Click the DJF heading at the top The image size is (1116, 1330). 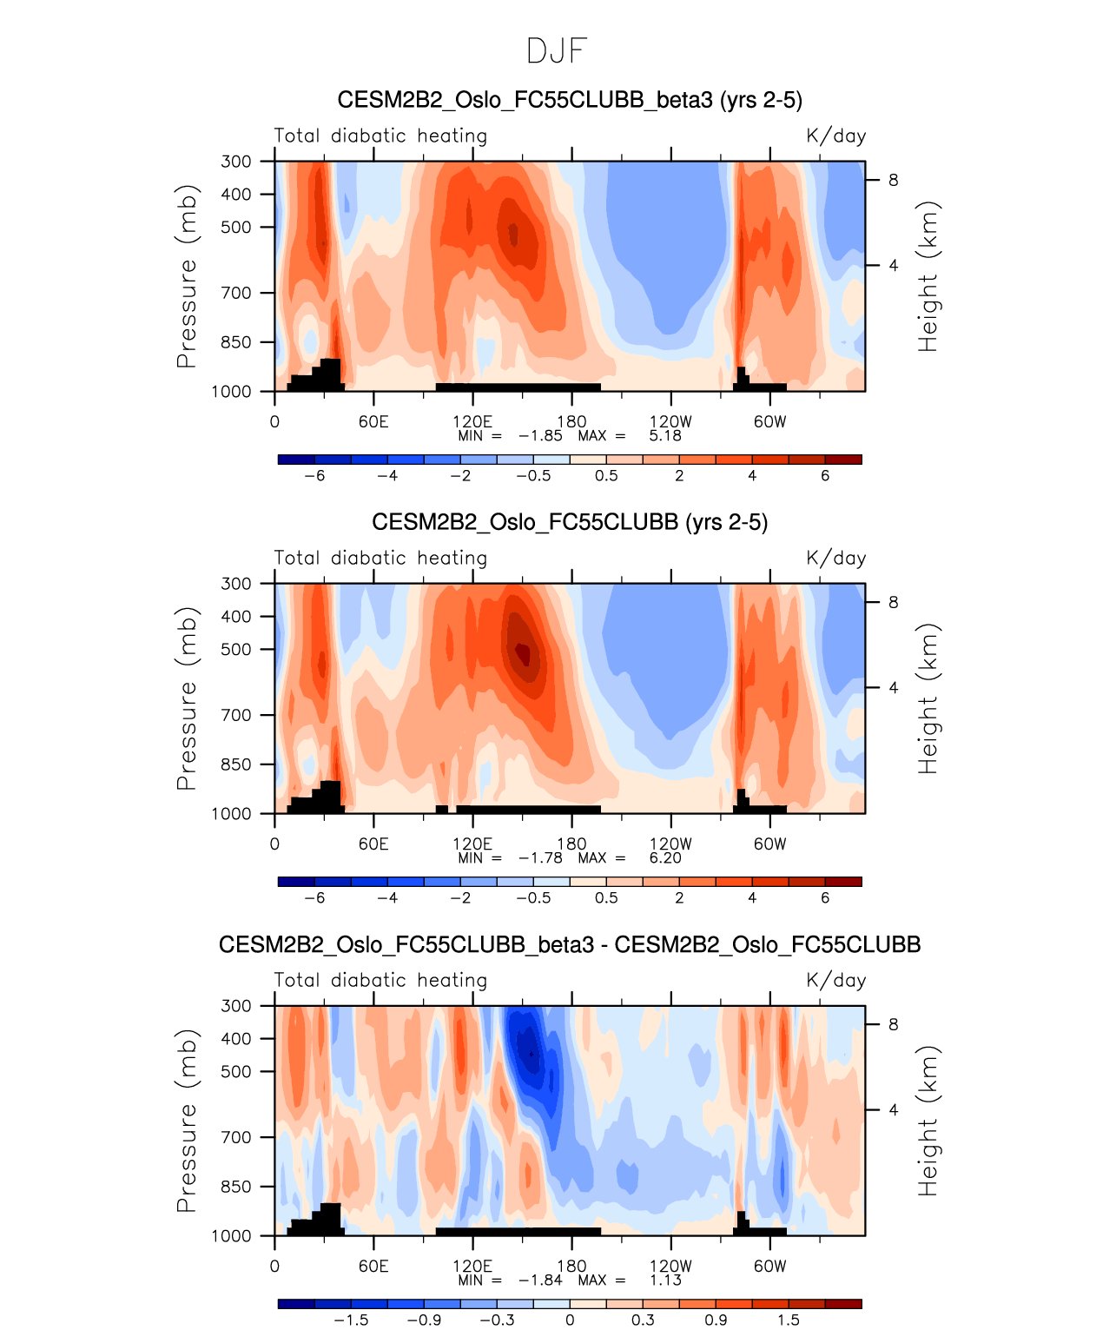point(557,51)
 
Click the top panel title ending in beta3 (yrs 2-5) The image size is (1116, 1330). point(570,100)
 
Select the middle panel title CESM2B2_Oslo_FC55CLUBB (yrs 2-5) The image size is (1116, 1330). point(570,522)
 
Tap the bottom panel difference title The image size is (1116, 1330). point(570,944)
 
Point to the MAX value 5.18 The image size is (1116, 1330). point(664,435)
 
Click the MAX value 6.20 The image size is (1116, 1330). point(664,857)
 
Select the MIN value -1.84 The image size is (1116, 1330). point(540,1280)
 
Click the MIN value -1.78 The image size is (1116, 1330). point(540,857)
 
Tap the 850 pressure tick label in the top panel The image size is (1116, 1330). point(235,342)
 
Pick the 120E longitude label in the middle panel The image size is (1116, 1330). point(472,844)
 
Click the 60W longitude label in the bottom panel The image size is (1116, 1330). point(769,1266)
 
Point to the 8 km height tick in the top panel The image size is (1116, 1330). point(893,181)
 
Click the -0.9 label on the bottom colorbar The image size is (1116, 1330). point(424,1320)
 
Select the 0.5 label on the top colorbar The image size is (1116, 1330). point(606,475)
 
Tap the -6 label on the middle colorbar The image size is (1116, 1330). point(314,897)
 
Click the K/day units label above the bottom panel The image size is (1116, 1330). point(835,981)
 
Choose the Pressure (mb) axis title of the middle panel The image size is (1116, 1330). point(187,698)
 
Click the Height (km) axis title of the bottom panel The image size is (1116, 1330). point(928,1121)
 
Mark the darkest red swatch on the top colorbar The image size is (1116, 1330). point(842,459)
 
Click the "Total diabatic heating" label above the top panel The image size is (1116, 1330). point(380,136)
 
